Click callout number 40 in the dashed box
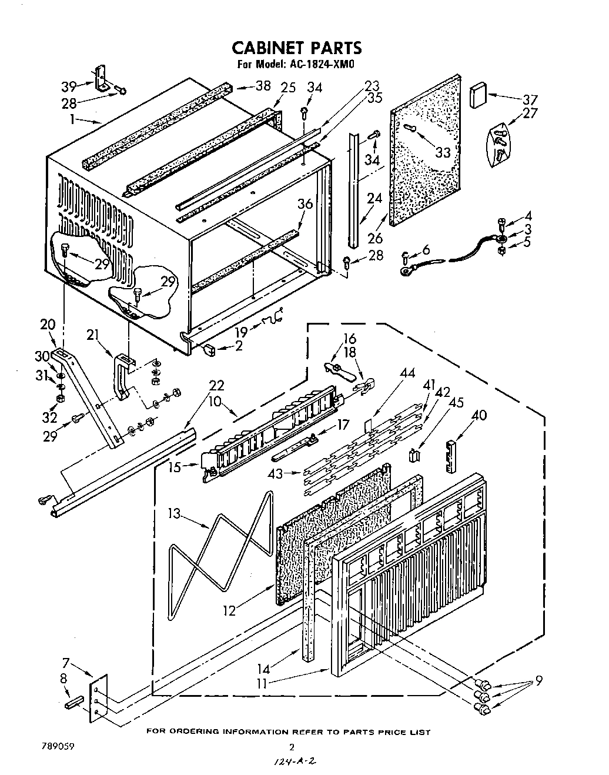coord(479,416)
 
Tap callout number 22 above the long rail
coord(216,385)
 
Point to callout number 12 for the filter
coord(229,610)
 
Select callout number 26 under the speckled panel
coord(374,238)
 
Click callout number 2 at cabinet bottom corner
coord(238,346)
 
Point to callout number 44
coord(407,373)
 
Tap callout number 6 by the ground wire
coord(426,250)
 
